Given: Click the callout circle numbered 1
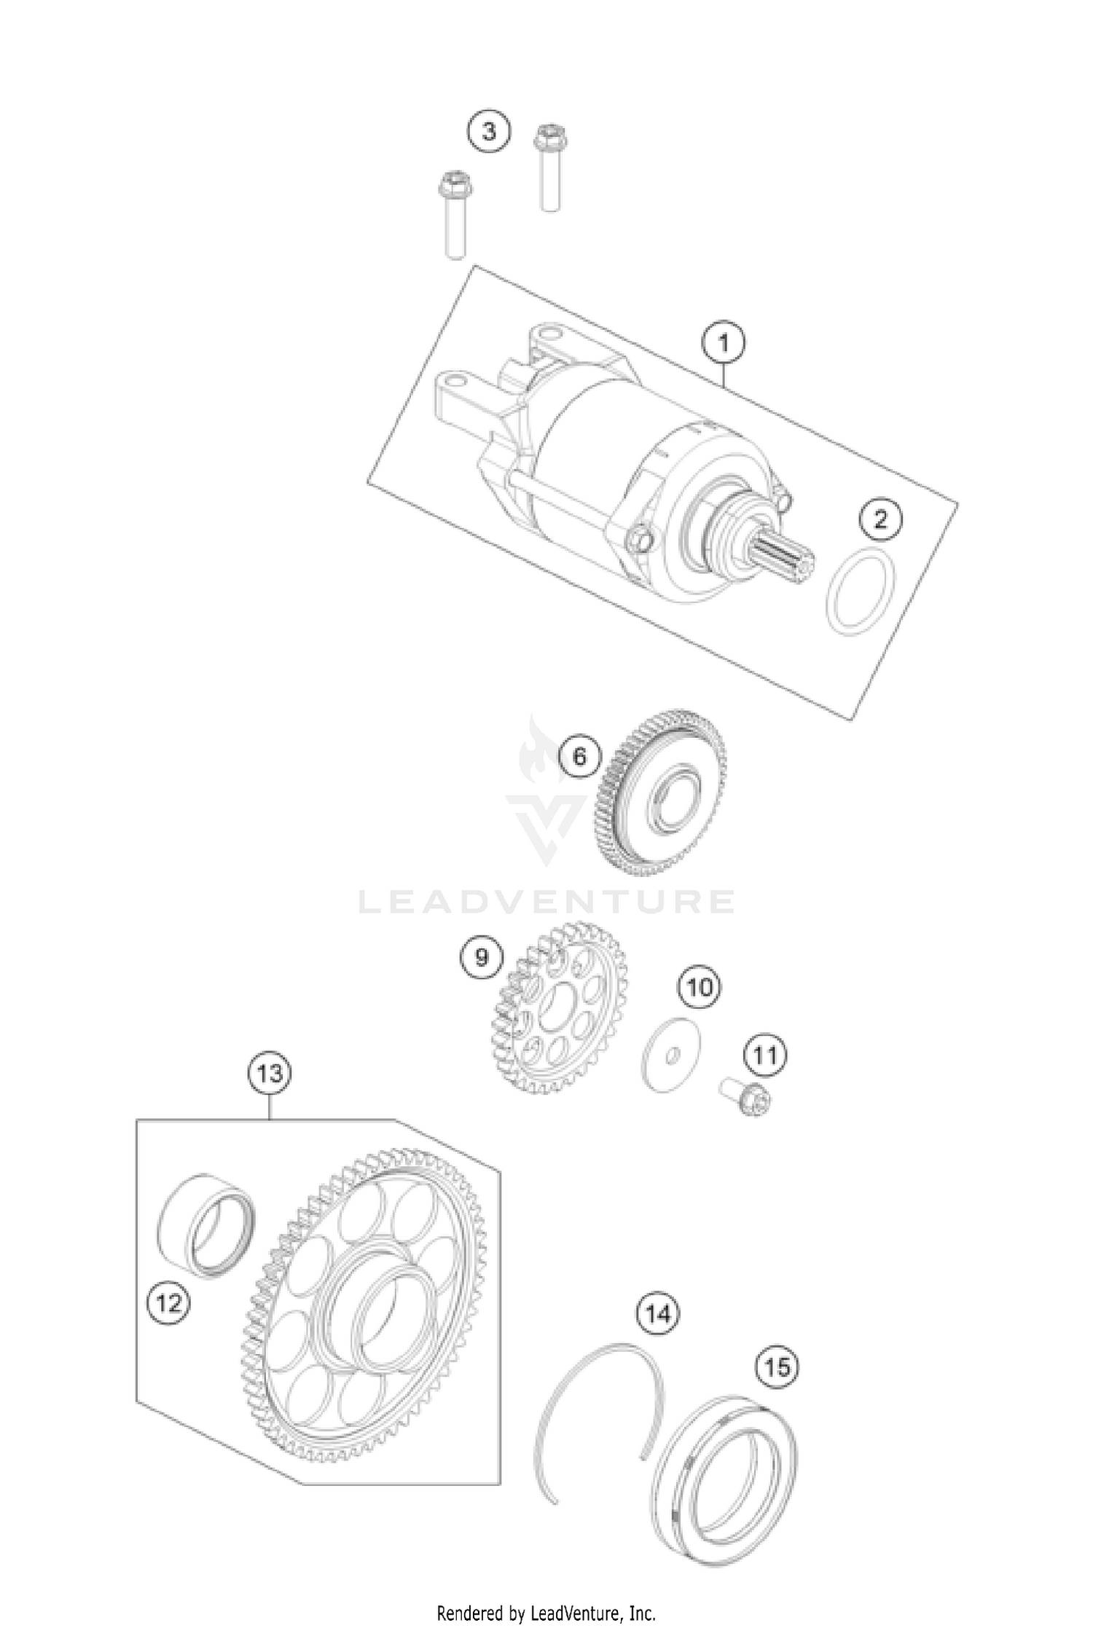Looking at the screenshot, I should (723, 342).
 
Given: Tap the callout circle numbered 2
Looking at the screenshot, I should (880, 519).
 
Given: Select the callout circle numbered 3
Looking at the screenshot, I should (488, 132).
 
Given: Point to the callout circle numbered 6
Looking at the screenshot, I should (579, 756).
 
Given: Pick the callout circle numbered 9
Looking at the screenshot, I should (482, 956).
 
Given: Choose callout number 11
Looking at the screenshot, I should (765, 1055).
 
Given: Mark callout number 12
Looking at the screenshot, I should (169, 1302).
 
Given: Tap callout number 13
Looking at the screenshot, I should (270, 1073).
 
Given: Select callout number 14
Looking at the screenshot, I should (658, 1313).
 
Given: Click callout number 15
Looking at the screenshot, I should (777, 1367).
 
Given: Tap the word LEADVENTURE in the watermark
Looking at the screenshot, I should (546, 902).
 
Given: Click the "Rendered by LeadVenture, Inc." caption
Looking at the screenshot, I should (546, 1612).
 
